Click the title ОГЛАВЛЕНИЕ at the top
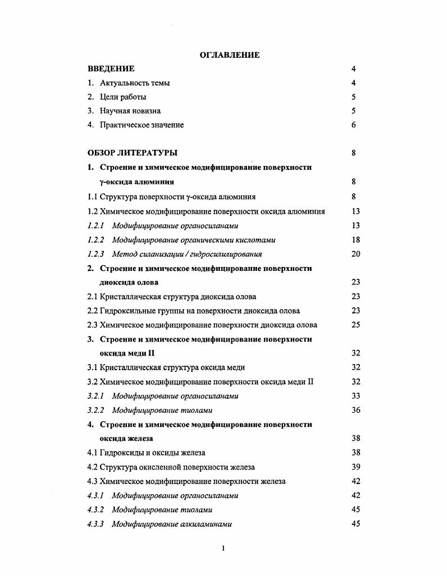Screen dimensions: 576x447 [x=230, y=55]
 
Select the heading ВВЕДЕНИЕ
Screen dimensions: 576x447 [x=111, y=69]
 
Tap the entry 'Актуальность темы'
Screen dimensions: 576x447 [x=135, y=83]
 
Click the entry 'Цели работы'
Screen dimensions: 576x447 [x=123, y=97]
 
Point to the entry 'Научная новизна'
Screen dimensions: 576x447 [x=130, y=111]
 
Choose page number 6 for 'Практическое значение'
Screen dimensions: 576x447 [x=354, y=125]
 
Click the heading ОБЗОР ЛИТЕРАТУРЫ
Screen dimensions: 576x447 [x=133, y=153]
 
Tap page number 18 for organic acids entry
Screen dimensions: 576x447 [x=355, y=240]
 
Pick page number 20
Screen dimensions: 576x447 [x=355, y=254]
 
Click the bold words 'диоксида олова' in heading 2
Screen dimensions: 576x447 [x=129, y=283]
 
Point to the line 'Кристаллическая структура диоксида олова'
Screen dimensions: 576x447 [x=172, y=297]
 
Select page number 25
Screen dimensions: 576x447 [x=355, y=325]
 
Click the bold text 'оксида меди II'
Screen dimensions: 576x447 [x=127, y=353]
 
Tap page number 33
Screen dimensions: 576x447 [x=355, y=396]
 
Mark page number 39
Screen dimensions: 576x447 [x=355, y=467]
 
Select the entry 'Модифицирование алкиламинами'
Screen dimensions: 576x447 [x=172, y=524]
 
